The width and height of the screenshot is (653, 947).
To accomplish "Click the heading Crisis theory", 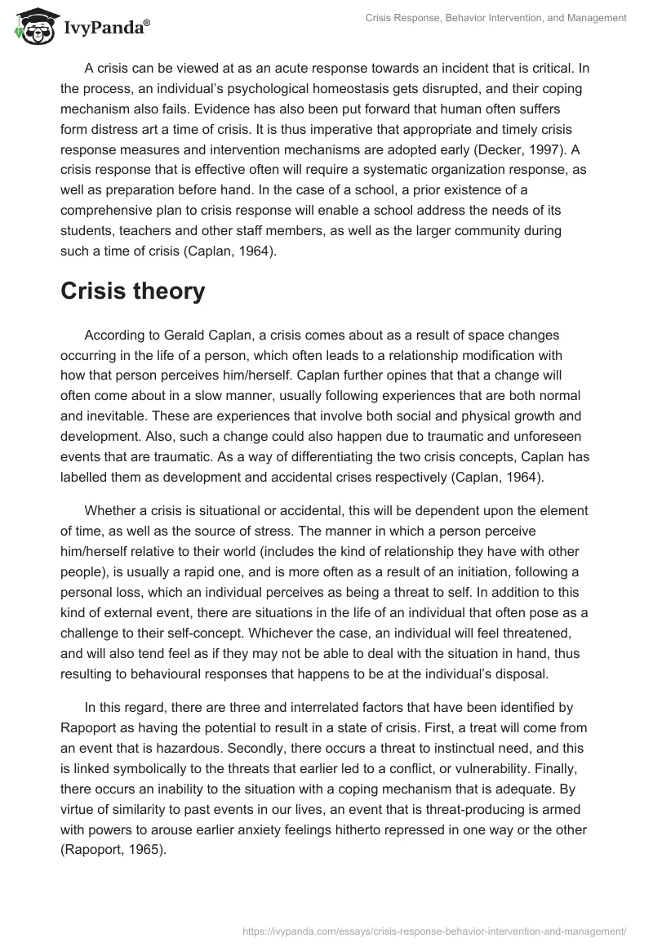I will [x=132, y=291].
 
